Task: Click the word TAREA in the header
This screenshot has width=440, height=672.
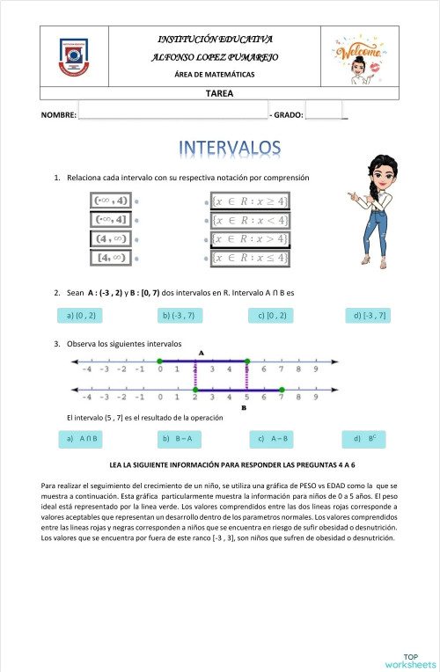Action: tap(219, 92)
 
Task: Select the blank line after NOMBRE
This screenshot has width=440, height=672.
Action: tap(172, 114)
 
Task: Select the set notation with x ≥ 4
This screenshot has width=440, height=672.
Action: tap(253, 201)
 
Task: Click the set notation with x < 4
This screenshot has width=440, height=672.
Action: tap(253, 220)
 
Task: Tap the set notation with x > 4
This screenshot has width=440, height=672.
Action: tap(253, 238)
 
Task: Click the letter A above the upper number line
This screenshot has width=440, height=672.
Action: tap(202, 353)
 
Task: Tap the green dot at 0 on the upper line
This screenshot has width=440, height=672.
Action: tap(159, 361)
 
